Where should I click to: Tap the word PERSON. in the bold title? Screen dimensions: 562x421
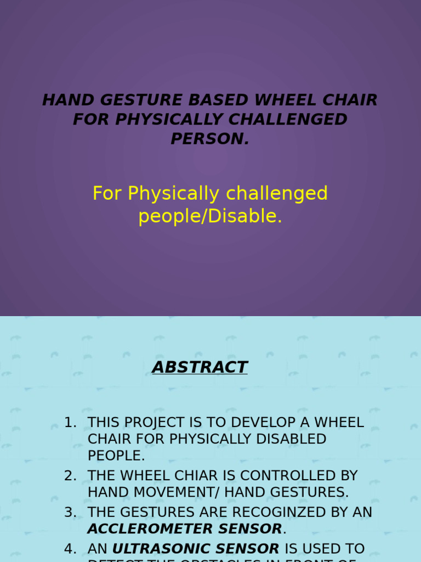(x=210, y=139)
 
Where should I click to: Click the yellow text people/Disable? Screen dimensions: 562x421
(x=210, y=216)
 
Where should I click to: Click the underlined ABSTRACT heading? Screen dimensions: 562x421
(x=200, y=367)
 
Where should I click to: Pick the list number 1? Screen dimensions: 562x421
(x=70, y=423)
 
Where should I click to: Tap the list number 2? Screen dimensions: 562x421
(x=70, y=476)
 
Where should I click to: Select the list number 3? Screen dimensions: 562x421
(x=70, y=513)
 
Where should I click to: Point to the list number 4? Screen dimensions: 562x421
(x=70, y=549)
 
